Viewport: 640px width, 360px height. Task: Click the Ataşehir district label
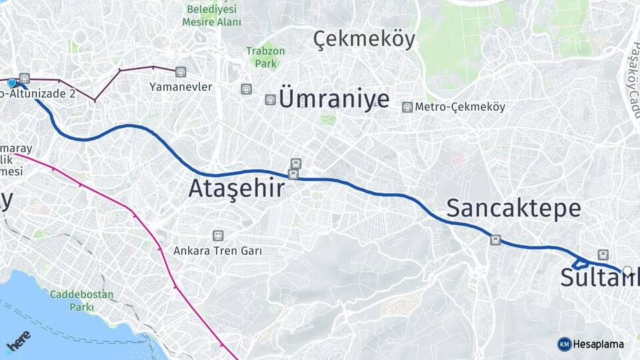tap(236, 189)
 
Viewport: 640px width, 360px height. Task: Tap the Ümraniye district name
tap(334, 99)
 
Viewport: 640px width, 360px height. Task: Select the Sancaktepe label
tap(513, 208)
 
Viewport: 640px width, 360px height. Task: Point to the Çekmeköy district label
tap(364, 39)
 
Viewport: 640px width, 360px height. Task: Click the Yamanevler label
tap(181, 87)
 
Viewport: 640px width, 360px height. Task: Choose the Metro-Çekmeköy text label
tap(460, 107)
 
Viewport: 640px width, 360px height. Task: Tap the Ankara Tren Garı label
tap(217, 251)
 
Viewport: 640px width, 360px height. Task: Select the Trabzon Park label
tap(265, 57)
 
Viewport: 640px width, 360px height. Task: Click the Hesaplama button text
tap(599, 344)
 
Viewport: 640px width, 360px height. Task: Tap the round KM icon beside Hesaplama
tap(564, 344)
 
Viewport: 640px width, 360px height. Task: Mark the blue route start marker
tap(12, 83)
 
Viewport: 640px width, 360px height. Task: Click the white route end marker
tap(627, 271)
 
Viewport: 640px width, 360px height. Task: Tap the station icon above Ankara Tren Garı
tap(217, 235)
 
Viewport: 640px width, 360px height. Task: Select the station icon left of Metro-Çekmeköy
tap(407, 107)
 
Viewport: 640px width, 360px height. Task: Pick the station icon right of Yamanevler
tap(181, 71)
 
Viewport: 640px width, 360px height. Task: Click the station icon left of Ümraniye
tap(270, 99)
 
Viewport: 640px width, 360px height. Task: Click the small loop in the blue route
tap(579, 262)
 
